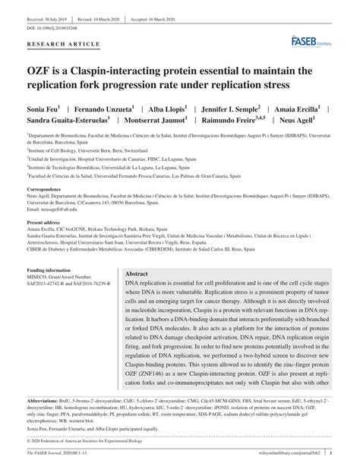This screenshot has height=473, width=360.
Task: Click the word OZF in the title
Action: [x=39, y=71]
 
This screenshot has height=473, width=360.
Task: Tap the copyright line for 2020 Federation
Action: [x=84, y=449]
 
